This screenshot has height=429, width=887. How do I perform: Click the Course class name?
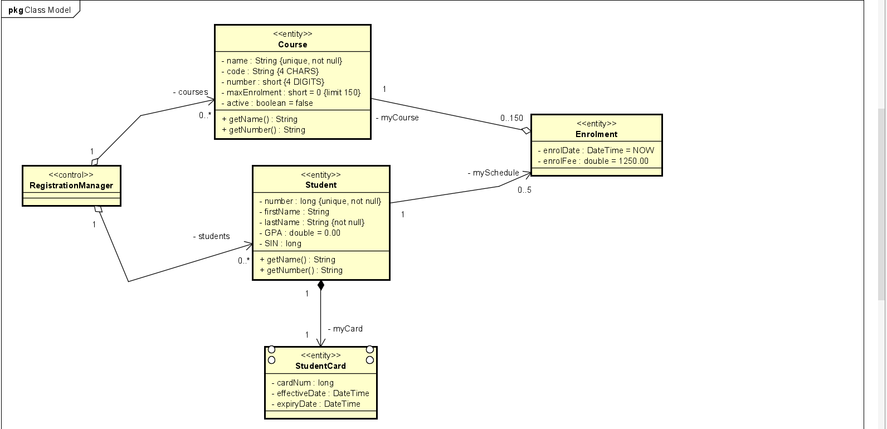(x=293, y=45)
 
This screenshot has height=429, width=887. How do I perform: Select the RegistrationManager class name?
(x=71, y=186)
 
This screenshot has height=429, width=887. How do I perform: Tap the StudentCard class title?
(x=320, y=366)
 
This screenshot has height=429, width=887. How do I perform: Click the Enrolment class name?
(x=596, y=134)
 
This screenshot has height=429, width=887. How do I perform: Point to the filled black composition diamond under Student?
(x=320, y=286)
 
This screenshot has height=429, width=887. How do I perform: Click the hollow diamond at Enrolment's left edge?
(x=526, y=131)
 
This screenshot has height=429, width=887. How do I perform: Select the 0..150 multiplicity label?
(x=511, y=118)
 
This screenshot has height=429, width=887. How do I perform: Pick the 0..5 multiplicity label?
(x=524, y=190)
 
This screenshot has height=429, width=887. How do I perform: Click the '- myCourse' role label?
(x=397, y=118)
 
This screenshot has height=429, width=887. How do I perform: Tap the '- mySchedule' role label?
(x=493, y=173)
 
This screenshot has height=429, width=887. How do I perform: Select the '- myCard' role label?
(x=345, y=329)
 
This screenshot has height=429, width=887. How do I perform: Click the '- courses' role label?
(x=191, y=92)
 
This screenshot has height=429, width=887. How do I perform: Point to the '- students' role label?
(x=211, y=236)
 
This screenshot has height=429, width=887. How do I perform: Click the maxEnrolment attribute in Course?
(x=291, y=92)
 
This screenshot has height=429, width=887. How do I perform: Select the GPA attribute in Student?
(x=300, y=233)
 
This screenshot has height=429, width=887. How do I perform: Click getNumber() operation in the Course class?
(x=264, y=130)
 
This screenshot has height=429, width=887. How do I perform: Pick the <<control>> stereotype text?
(x=71, y=175)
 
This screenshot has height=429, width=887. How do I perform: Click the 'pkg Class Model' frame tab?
(x=40, y=9)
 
